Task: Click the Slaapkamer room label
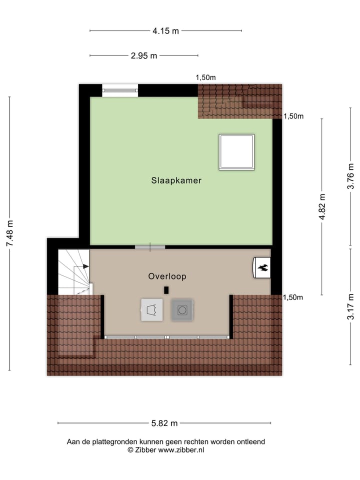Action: (x=176, y=180)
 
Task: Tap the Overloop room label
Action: (x=167, y=276)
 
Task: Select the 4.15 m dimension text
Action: (x=165, y=31)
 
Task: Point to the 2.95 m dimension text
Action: (x=144, y=56)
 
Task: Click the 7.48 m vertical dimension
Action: (x=9, y=233)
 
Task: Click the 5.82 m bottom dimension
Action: (x=164, y=423)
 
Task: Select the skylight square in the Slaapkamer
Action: (x=236, y=152)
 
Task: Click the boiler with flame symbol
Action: (x=261, y=267)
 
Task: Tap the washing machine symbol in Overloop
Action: (x=182, y=310)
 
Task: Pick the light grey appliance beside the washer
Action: (x=152, y=310)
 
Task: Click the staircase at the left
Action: (x=74, y=272)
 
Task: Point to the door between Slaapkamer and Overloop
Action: (x=150, y=246)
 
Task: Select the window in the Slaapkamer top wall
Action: (x=120, y=90)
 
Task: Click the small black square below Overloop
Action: (x=166, y=289)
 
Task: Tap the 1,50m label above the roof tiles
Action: (x=205, y=77)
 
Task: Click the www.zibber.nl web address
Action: (x=181, y=449)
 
